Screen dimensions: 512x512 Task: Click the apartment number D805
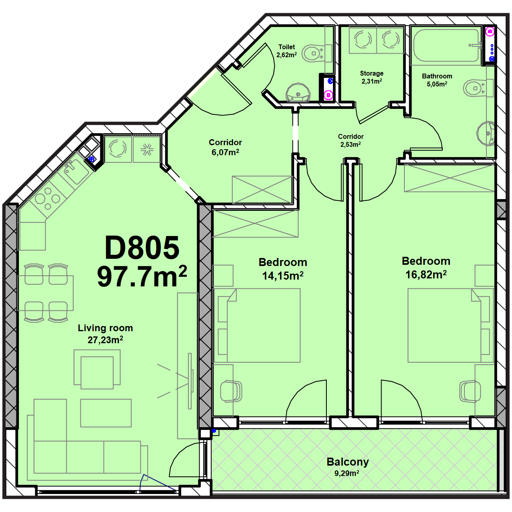(142, 248)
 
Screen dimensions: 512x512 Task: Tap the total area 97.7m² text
(142, 276)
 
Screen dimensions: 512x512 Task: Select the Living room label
(105, 328)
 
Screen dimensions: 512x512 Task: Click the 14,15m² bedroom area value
(283, 276)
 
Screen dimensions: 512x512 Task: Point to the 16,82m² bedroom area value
(426, 274)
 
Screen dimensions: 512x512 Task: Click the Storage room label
(372, 73)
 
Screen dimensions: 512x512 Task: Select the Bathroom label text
(437, 76)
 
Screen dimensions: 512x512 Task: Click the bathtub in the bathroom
(446, 45)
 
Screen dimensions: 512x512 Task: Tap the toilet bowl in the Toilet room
(315, 54)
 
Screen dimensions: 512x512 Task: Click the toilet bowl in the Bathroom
(476, 88)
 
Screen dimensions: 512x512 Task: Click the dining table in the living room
(45, 293)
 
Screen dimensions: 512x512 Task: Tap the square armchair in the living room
(97, 369)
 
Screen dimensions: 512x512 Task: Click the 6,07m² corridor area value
(225, 152)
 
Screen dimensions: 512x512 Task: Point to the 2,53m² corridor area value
(350, 144)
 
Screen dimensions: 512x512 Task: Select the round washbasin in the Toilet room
(298, 93)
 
